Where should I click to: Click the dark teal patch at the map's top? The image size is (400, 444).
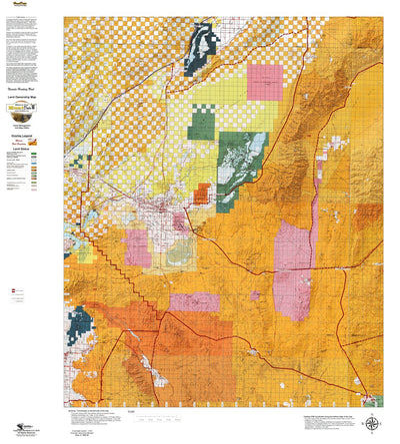(198, 49)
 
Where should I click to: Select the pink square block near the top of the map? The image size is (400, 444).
(265, 82)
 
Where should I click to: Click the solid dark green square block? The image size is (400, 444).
(204, 125)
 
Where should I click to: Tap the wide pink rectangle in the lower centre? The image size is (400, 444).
(195, 302)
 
